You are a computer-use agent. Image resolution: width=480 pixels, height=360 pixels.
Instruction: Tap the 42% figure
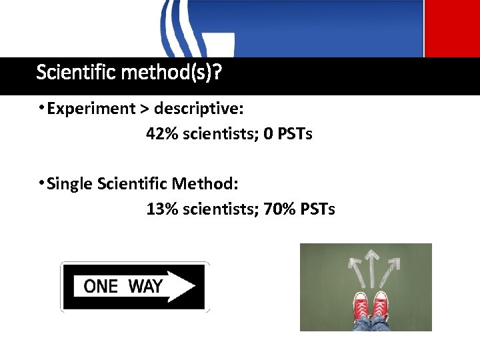tap(160, 134)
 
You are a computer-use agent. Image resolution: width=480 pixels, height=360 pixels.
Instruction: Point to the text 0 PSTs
tap(288, 134)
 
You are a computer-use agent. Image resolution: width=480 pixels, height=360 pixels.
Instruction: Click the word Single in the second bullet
tap(70, 183)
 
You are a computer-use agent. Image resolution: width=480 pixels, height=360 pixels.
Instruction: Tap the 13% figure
tap(160, 209)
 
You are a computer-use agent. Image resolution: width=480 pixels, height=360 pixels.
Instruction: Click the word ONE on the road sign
tap(101, 287)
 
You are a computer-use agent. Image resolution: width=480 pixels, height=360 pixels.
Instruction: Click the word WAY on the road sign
tap(145, 287)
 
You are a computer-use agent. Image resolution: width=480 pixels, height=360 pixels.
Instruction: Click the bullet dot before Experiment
tap(41, 107)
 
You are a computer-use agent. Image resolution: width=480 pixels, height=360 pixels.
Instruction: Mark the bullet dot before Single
tap(41, 182)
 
